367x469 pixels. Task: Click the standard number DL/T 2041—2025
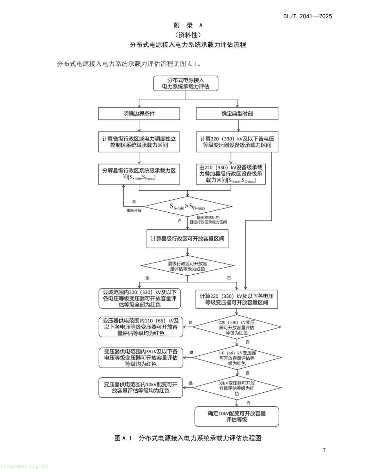tap(307, 16)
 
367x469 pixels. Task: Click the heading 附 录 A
tap(188, 25)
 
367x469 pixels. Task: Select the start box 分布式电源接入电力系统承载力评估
tap(186, 83)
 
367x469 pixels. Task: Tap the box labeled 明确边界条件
tap(139, 114)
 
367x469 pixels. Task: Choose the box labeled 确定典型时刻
tap(237, 114)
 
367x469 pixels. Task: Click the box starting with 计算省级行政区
tap(139, 142)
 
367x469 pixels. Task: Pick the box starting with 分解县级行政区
tap(139, 174)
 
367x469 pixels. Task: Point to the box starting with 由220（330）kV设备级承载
tap(231, 174)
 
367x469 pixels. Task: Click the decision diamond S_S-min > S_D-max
tap(188, 206)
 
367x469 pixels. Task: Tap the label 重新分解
tap(134, 211)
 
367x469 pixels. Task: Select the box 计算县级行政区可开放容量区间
tap(188, 239)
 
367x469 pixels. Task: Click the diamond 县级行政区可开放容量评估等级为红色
tap(188, 266)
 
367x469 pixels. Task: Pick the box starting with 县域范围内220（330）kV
tap(139, 298)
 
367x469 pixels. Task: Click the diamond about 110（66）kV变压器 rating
tap(237, 358)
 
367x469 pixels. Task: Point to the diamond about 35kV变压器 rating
tap(237, 388)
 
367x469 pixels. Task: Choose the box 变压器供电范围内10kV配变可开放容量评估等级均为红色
tap(141, 388)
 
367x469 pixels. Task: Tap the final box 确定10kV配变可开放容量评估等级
tap(237, 416)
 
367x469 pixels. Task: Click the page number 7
tap(324, 450)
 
